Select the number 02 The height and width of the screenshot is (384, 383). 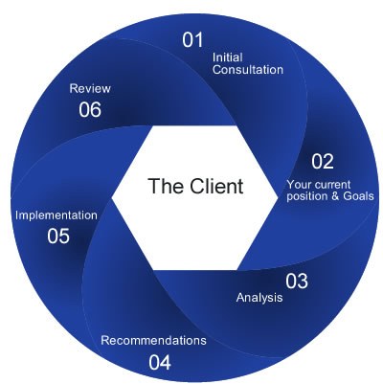[x=323, y=162]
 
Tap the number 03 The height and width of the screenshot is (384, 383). [x=297, y=281]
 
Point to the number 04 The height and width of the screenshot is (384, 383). [x=160, y=362]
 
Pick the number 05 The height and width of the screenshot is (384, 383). [x=57, y=236]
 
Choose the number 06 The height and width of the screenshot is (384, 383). [x=90, y=109]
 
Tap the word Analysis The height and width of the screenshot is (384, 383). [x=259, y=298]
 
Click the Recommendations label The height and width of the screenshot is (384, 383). [x=153, y=340]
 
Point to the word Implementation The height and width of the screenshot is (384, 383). [x=56, y=215]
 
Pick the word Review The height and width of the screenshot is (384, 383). [x=90, y=88]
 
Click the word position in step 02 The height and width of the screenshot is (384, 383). [x=307, y=196]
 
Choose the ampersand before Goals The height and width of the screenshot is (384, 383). [x=334, y=196]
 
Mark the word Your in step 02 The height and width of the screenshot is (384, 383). [x=300, y=183]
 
